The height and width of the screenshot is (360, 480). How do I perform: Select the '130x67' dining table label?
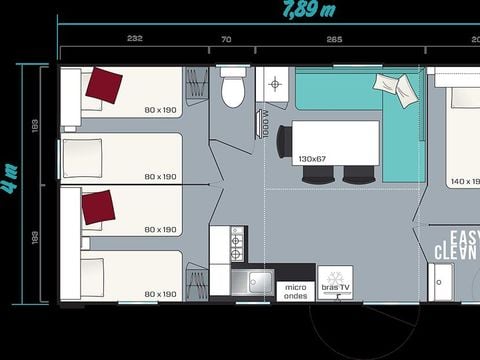tap(312, 158)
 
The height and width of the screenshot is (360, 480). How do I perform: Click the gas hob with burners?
tap(237, 243)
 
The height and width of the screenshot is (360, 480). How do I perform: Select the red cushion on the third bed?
tap(98, 207)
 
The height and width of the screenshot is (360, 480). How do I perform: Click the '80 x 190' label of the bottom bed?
tap(160, 294)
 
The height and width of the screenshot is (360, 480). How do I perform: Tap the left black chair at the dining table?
tap(316, 174)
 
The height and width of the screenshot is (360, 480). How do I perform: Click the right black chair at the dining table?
tap(356, 174)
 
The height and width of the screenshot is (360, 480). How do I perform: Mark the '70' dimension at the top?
tap(226, 39)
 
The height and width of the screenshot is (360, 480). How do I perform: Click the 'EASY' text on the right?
tap(463, 238)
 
